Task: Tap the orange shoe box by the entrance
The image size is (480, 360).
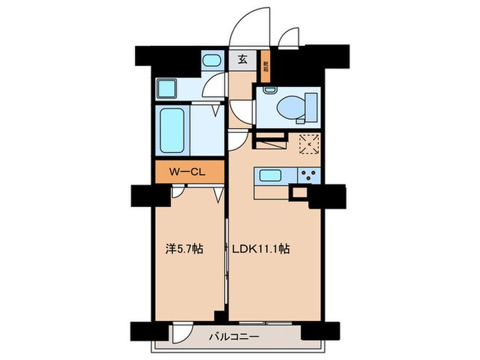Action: (266, 67)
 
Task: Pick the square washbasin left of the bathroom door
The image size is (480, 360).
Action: (168, 88)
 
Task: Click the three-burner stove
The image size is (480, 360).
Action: (307, 176)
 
